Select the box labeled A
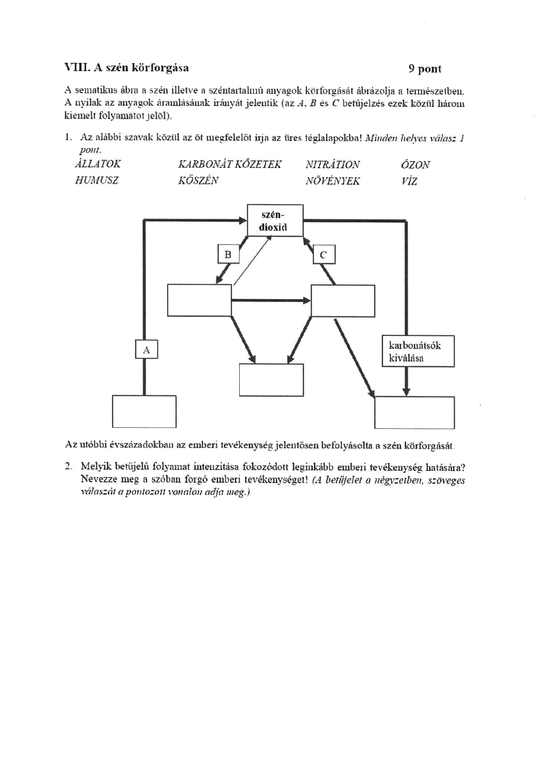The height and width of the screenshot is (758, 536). click(x=147, y=349)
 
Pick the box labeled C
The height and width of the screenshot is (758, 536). click(x=324, y=254)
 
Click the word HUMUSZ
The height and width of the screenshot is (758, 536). click(x=96, y=180)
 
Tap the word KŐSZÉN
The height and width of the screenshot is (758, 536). click(x=198, y=181)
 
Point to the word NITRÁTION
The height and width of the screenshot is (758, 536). click(x=332, y=164)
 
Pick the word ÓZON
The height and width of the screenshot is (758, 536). click(x=415, y=164)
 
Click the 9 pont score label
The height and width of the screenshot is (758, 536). click(x=425, y=69)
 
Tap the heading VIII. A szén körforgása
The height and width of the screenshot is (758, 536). click(x=127, y=68)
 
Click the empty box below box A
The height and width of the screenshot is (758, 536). click(x=144, y=411)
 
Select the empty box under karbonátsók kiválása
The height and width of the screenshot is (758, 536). click(x=414, y=413)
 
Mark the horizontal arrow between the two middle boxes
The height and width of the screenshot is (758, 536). click(x=271, y=300)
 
